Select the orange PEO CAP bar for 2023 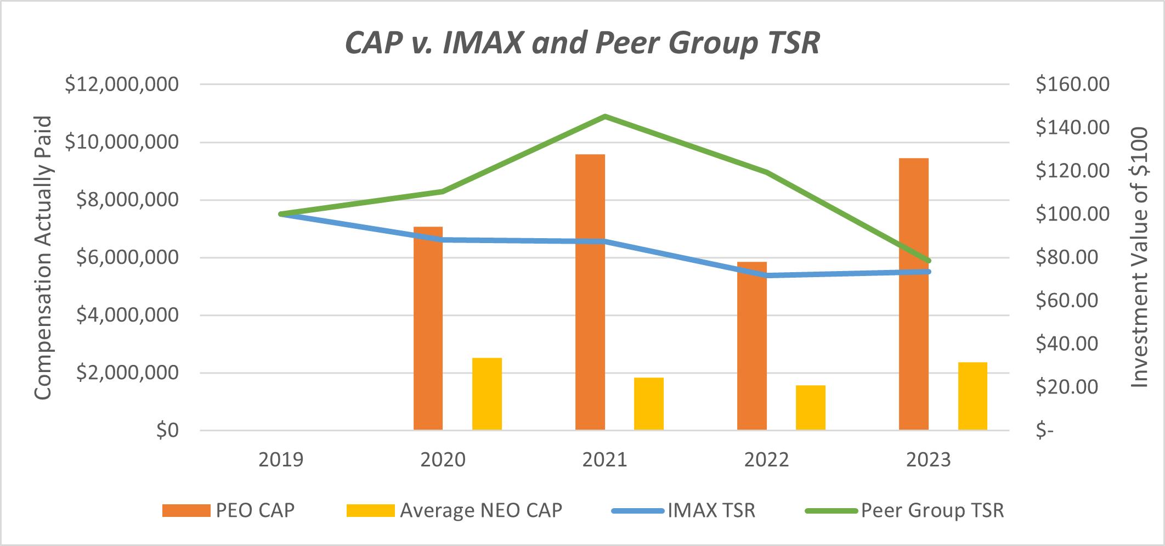(x=914, y=294)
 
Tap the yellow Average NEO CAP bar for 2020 (x=487, y=393)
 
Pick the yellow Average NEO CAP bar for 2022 (x=810, y=407)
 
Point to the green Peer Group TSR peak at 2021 (x=604, y=116)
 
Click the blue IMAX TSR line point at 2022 (x=766, y=275)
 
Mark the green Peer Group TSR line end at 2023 (x=928, y=261)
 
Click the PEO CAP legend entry (x=229, y=510)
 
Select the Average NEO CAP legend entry (x=455, y=510)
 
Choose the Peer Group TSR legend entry (x=905, y=510)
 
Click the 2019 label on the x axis (x=281, y=459)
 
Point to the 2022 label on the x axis (x=766, y=459)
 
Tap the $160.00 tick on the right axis (x=1072, y=85)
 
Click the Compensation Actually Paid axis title (x=43, y=258)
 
